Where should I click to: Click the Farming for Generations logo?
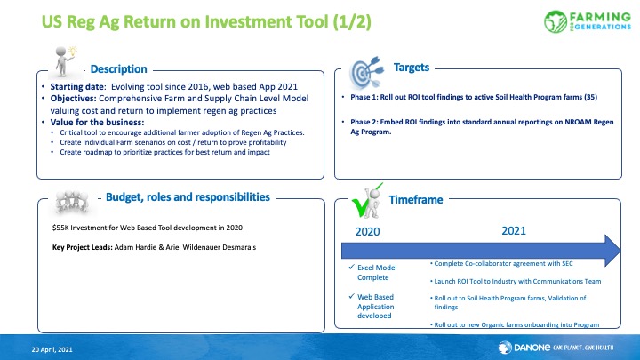pyautogui.click(x=588, y=21)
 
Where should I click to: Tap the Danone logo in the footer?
pyautogui.click(x=556, y=348)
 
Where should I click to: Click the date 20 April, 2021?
pyautogui.click(x=52, y=349)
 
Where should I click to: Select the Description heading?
pyautogui.click(x=118, y=69)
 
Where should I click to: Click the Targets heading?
pyautogui.click(x=411, y=68)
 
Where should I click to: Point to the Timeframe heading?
pyautogui.click(x=415, y=200)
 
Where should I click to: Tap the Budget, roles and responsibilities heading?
pyautogui.click(x=188, y=197)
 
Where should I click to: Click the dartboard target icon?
pyautogui.click(x=366, y=73)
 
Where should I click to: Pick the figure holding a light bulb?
pyautogui.click(x=65, y=61)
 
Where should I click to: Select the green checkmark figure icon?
pyautogui.click(x=367, y=201)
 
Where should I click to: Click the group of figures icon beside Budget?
pyautogui.click(x=72, y=202)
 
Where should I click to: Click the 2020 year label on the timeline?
pyautogui.click(x=367, y=232)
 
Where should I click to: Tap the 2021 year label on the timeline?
pyautogui.click(x=514, y=231)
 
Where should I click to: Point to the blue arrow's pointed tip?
pyautogui.click(x=620, y=251)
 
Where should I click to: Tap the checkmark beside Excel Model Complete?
pyautogui.click(x=351, y=267)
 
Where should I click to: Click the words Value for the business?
pyautogui.click(x=97, y=123)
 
